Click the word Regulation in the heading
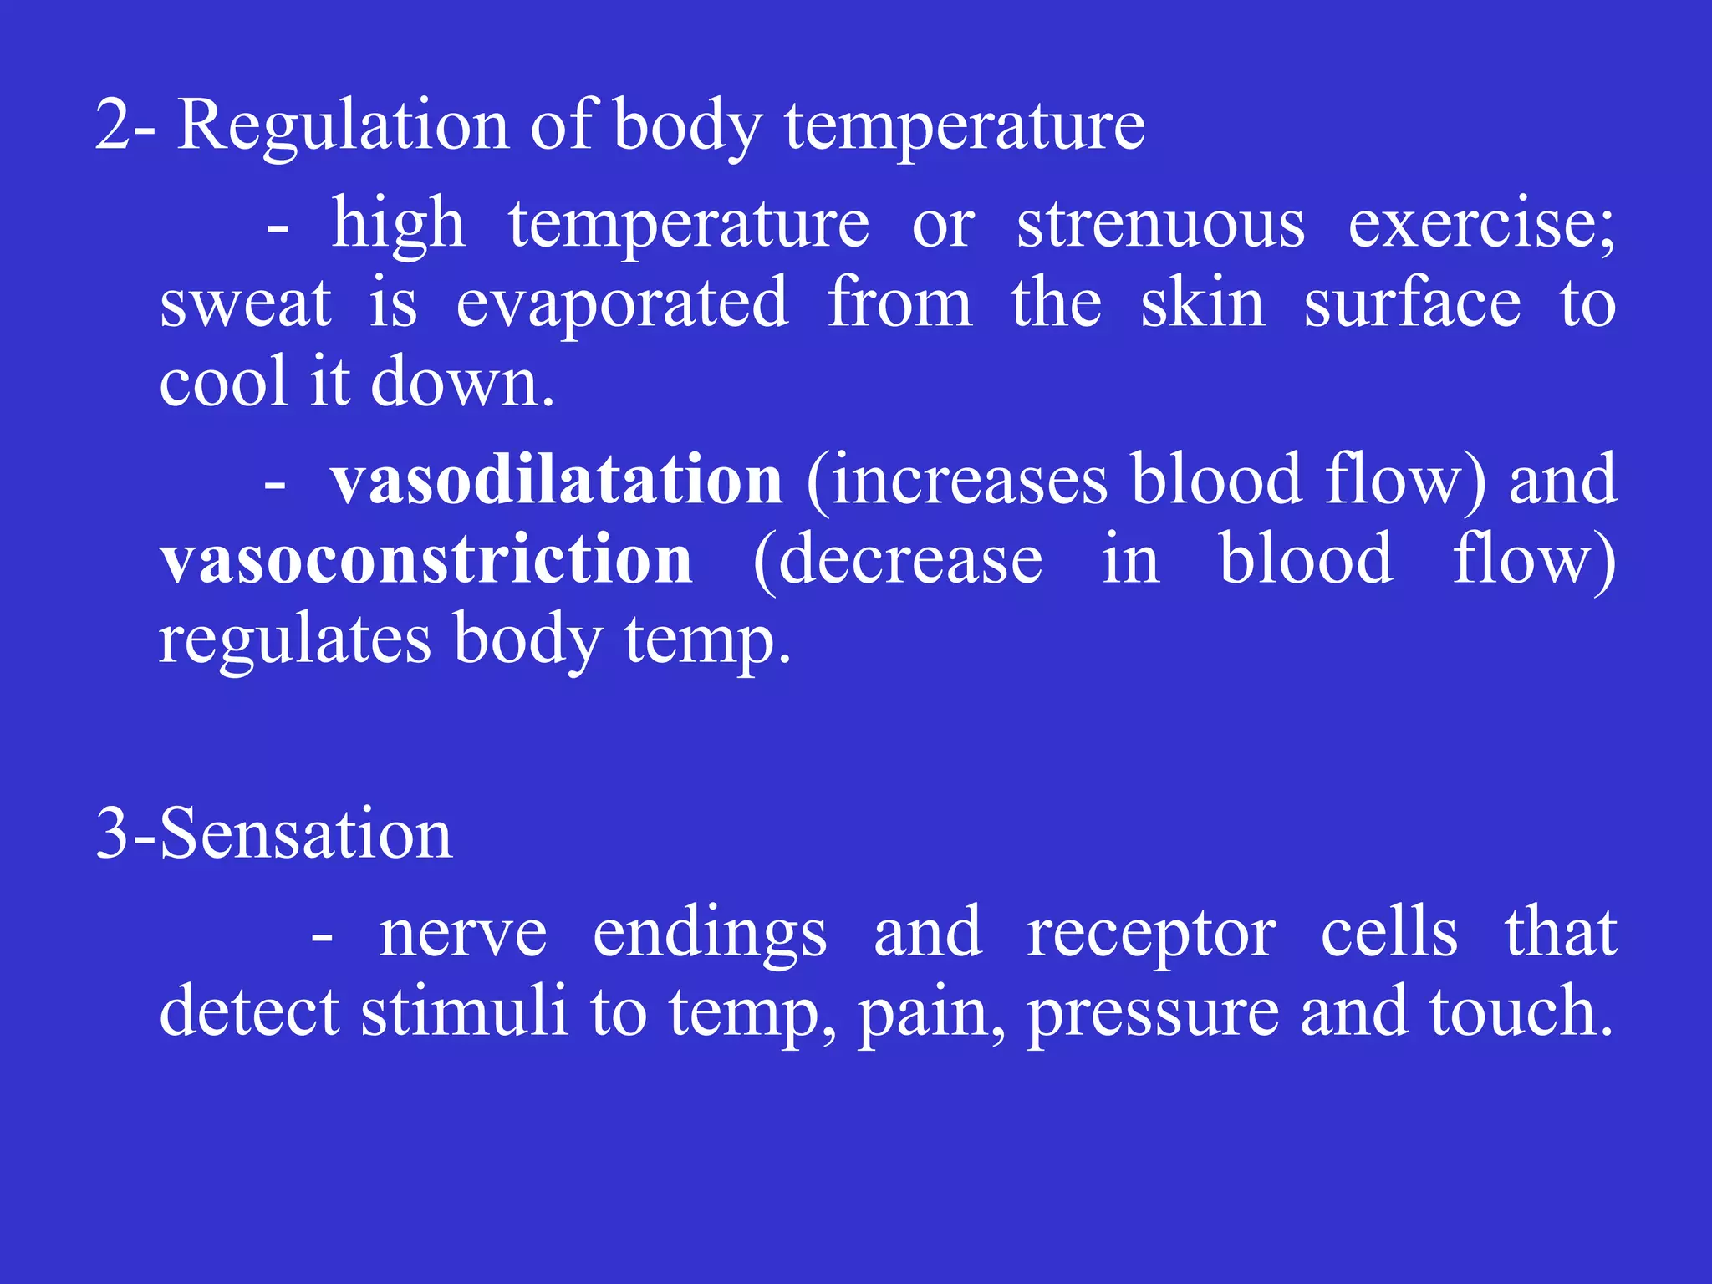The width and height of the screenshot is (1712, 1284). pyautogui.click(x=343, y=125)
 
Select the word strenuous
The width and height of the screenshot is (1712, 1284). pyautogui.click(x=1160, y=224)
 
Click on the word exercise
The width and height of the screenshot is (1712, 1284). pyautogui.click(x=1480, y=224)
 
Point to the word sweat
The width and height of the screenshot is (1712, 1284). pyautogui.click(x=245, y=303)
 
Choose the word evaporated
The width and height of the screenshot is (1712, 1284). pyautogui.click(x=622, y=303)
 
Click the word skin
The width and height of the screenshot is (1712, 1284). pyautogui.click(x=1203, y=303)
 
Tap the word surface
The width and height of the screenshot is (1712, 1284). pyautogui.click(x=1413, y=303)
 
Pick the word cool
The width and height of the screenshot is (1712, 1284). pyautogui.click(x=222, y=382)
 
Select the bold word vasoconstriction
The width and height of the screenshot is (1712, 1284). pyautogui.click(x=426, y=559)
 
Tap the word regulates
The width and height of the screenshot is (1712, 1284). pyautogui.click(x=294, y=639)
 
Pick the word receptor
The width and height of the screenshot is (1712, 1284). pyautogui.click(x=1151, y=934)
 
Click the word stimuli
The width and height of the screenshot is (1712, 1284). pyautogui.click(x=465, y=1011)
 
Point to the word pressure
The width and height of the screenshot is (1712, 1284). pyautogui.click(x=1153, y=1013)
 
